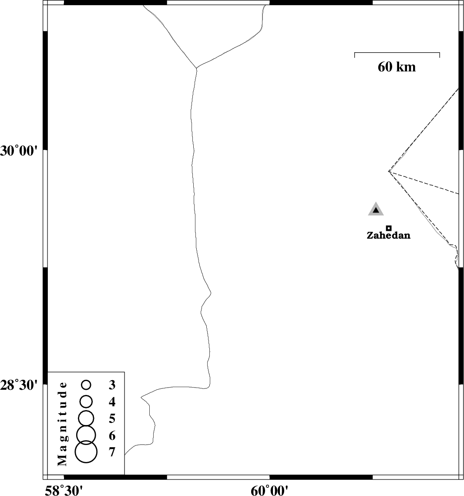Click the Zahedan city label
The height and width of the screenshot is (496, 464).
[x=388, y=236]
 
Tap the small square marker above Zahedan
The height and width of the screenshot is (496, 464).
[x=389, y=228]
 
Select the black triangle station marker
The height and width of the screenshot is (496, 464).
[x=376, y=210]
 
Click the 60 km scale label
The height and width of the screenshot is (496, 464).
[x=397, y=67]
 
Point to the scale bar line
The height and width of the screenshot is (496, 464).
[x=397, y=53]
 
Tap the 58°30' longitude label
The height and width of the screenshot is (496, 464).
[x=64, y=491]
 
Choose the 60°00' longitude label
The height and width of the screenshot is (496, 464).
[x=270, y=491]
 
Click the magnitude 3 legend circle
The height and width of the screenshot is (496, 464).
[x=86, y=385]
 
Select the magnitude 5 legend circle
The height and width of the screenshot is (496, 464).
[x=86, y=418]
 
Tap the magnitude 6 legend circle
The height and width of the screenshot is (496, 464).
[x=86, y=434]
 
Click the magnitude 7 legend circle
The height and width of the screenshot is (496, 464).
[x=86, y=451]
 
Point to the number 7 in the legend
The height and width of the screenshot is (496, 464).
[x=112, y=452]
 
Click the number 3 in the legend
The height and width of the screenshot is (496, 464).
[x=112, y=385]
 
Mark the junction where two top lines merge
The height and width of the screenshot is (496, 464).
[x=197, y=68]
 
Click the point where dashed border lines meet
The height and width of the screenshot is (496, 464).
[x=389, y=172]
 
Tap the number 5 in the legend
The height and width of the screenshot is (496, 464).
[x=112, y=419]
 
